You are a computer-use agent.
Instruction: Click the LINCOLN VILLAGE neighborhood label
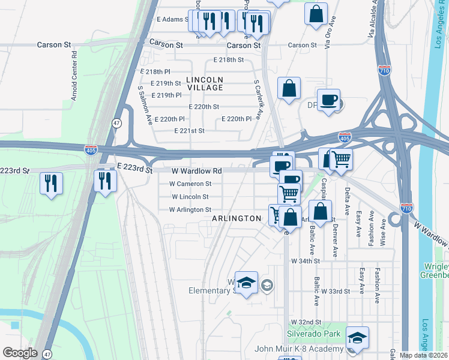204,83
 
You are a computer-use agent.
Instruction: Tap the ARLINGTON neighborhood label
237,219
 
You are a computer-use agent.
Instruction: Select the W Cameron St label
190,184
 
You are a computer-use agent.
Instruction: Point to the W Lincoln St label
190,197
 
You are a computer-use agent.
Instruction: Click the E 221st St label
189,131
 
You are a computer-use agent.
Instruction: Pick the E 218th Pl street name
155,71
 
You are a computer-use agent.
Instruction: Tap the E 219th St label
166,83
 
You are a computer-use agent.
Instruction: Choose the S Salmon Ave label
145,105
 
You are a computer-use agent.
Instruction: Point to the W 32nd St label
303,323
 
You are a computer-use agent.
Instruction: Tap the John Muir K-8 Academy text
299,349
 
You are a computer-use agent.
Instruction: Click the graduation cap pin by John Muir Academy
357,337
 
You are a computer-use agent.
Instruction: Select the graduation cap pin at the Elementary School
246,283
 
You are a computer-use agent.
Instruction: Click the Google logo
20,353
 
